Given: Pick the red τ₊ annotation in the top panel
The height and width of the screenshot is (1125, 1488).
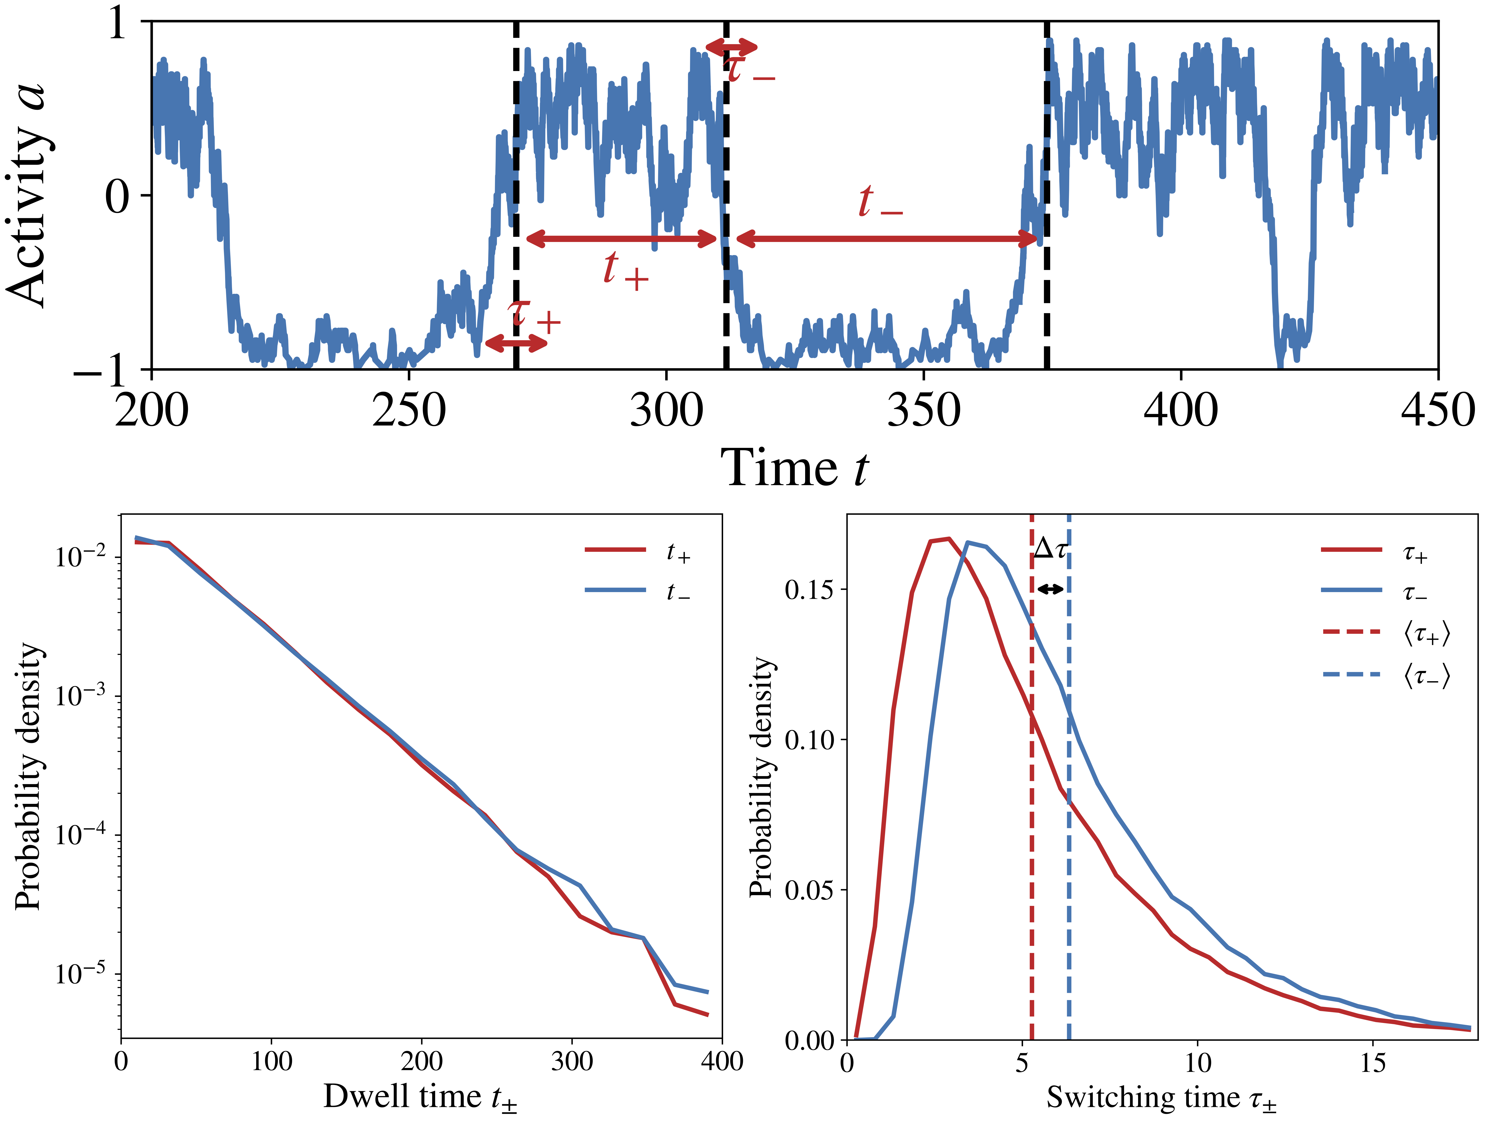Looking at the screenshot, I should pyautogui.click(x=535, y=316).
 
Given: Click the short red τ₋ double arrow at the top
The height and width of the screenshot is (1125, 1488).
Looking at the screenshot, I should pyautogui.click(x=731, y=47).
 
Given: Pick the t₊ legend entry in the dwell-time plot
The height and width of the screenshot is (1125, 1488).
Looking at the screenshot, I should pyautogui.click(x=639, y=552).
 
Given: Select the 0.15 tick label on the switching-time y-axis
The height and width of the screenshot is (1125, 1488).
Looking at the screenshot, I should pyautogui.click(x=809, y=590).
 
